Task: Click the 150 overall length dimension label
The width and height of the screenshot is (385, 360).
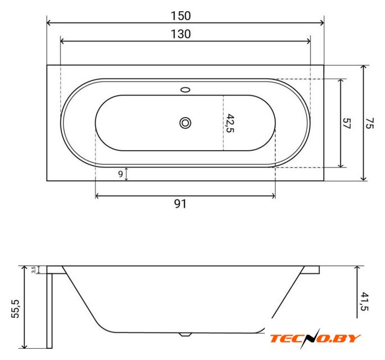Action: (x=181, y=16)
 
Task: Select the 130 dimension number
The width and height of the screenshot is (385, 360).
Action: (x=181, y=34)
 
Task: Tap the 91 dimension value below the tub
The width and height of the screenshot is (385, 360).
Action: (x=180, y=204)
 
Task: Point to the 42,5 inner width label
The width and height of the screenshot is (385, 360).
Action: (x=230, y=123)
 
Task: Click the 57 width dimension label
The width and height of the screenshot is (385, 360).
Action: (x=347, y=123)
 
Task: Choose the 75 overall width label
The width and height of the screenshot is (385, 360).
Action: (x=369, y=123)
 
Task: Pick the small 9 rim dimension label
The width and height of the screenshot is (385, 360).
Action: (x=120, y=174)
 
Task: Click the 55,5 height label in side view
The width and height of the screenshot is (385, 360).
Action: (x=15, y=309)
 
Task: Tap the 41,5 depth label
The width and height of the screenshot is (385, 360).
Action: (x=364, y=301)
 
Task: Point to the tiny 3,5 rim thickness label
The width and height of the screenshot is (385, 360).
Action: (x=34, y=269)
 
